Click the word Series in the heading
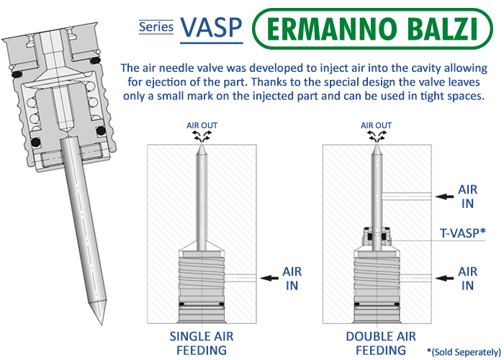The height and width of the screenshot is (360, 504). tap(156, 27)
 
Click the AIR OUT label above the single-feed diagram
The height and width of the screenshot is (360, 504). tap(202, 125)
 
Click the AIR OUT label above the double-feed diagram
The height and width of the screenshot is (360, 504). tap(376, 125)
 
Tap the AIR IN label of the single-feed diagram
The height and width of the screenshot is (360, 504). tap(292, 278)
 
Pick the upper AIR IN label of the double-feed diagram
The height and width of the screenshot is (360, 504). tap(467, 196)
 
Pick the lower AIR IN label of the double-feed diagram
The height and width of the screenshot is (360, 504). tap(467, 278)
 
